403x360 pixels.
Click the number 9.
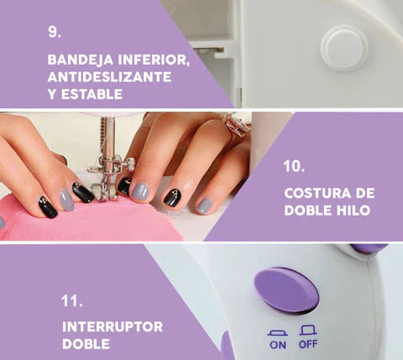pyautogui.click(x=55, y=32)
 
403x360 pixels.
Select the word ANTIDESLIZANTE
pyautogui.click(x=109, y=77)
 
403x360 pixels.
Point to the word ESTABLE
pyautogui.click(x=92, y=94)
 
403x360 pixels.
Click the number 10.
pyautogui.click(x=294, y=166)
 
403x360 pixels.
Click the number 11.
pyautogui.click(x=72, y=301)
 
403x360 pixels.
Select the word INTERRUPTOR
pyautogui.click(x=113, y=326)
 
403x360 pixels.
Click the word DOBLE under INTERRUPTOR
pyautogui.click(x=86, y=344)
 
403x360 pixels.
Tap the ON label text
pyautogui.click(x=278, y=345)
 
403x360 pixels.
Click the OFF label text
pyautogui.click(x=308, y=344)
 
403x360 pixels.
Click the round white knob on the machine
pyautogui.click(x=344, y=48)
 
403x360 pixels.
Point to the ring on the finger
pyautogui.click(x=238, y=124)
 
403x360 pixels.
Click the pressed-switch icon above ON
pyautogui.click(x=278, y=333)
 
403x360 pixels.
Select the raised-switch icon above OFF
pyautogui.click(x=308, y=330)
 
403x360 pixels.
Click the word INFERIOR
pyautogui.click(x=154, y=60)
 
